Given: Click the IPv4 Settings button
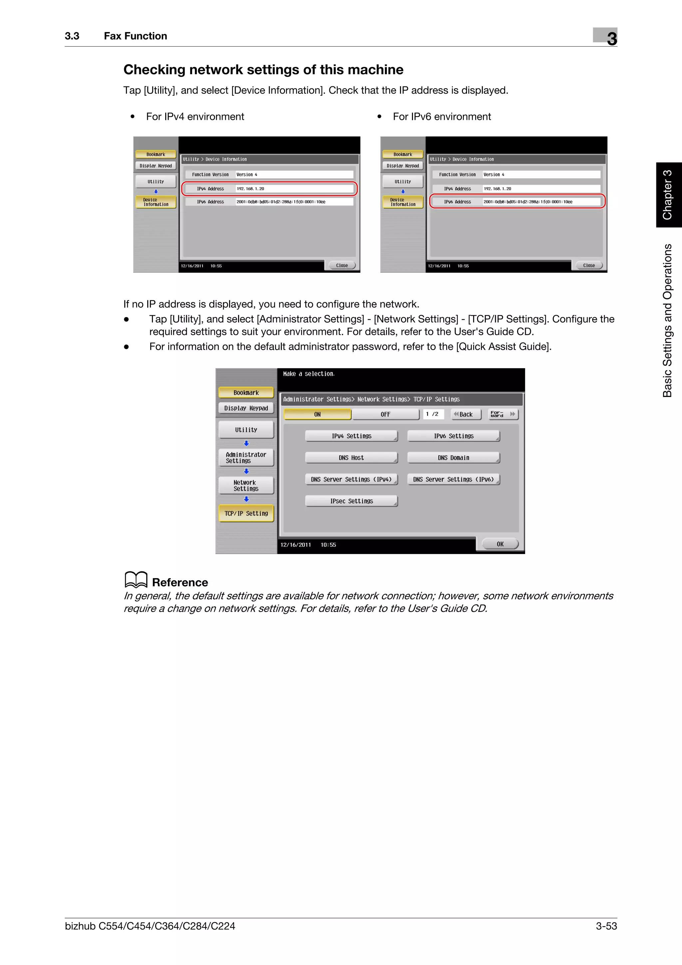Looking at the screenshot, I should pos(351,436).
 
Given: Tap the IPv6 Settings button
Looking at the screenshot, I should pos(454,436).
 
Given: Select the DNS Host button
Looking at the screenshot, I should pos(351,458).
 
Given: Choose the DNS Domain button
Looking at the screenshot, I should pos(454,458).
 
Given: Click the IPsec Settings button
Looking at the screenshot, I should pos(351,501).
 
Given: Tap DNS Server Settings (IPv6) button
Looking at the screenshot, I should pos(454,480).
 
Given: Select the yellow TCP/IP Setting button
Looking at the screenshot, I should pos(246,513).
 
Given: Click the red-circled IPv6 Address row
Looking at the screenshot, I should pos(517,202).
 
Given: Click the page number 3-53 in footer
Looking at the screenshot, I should pos(606,926).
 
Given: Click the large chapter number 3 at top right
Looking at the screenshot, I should pos(611,39).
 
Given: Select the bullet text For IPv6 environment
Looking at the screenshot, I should pos(441,117).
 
